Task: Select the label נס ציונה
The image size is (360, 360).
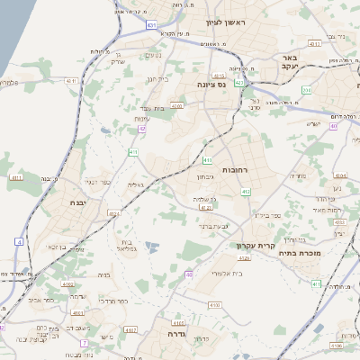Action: coord(213,85)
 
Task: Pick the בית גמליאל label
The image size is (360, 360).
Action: coord(128,247)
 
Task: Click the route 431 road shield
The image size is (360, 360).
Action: coord(151,25)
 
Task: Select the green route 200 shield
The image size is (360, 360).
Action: coord(306,91)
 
